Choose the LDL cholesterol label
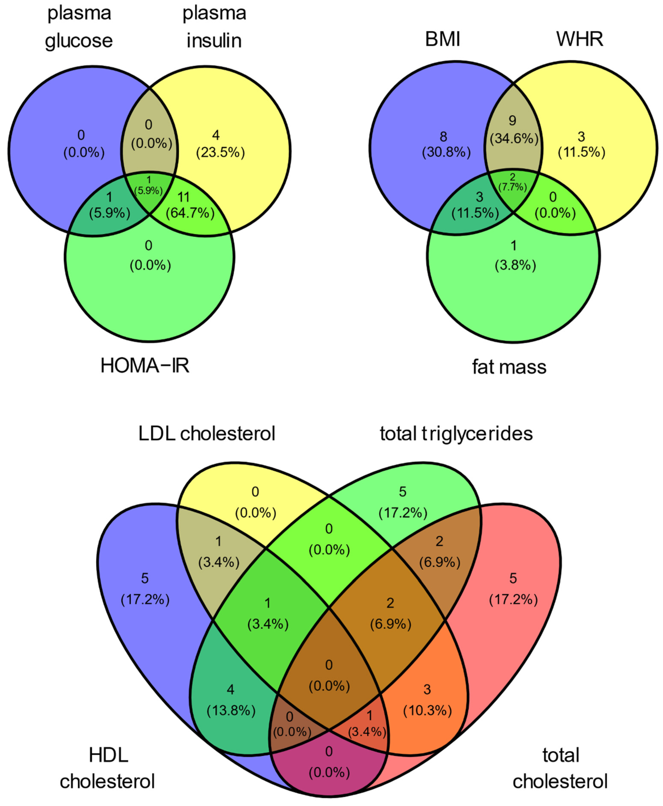coord(207,434)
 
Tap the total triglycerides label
coord(456,434)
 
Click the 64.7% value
coord(190,213)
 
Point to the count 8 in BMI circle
coord(443,136)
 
